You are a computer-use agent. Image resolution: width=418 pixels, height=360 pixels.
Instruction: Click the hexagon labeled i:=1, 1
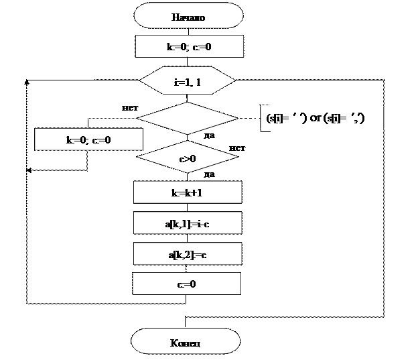pos(188,81)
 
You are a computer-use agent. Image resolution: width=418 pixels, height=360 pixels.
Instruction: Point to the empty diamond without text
pos(187,118)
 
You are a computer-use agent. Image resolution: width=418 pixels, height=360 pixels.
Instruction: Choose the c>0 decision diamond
pos(187,159)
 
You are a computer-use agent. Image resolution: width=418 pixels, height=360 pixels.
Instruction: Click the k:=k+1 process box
pos(187,192)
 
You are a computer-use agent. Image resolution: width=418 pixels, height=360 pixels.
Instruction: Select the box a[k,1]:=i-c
pos(187,223)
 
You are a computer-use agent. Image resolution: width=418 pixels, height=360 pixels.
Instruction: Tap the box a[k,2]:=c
pos(187,254)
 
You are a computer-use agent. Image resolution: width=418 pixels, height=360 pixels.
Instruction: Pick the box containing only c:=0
pos(186,284)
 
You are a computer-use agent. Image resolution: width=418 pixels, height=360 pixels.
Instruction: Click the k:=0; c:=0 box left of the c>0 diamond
pos(88,140)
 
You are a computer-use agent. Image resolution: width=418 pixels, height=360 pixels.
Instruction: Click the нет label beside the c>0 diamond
pos(237,147)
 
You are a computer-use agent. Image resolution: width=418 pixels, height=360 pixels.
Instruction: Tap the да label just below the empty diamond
pos(209,135)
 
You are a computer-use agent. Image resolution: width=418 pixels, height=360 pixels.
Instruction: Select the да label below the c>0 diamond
pos(210,174)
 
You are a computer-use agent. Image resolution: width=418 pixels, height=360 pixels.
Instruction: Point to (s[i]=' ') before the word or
pos(287,118)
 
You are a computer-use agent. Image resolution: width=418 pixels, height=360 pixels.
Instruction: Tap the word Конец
pos(186,343)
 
